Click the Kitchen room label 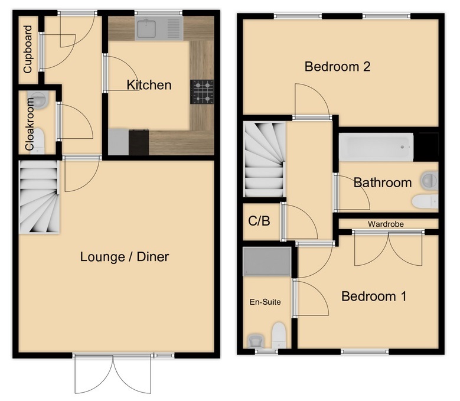[x=149, y=85]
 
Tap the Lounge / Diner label [x=125, y=257]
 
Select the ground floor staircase [x=40, y=198]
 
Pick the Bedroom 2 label [x=337, y=67]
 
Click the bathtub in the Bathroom [x=376, y=147]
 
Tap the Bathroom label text [x=382, y=182]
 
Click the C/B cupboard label [x=259, y=222]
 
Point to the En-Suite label [x=265, y=302]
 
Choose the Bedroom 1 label [x=373, y=296]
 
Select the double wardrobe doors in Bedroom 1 [x=388, y=249]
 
